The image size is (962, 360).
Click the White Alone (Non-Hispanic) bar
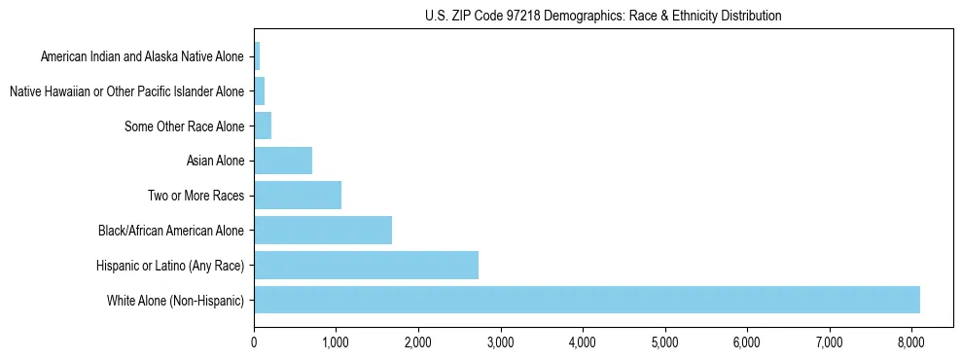pyautogui.click(x=587, y=300)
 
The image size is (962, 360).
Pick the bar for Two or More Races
pyautogui.click(x=298, y=196)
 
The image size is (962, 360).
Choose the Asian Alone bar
pyautogui.click(x=283, y=161)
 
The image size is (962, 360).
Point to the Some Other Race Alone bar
pyautogui.click(x=263, y=126)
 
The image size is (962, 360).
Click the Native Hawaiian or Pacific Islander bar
pyautogui.click(x=260, y=91)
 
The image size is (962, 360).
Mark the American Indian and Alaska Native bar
pyautogui.click(x=257, y=56)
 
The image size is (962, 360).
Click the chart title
pyautogui.click(x=603, y=16)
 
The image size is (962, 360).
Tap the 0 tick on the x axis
pyautogui.click(x=254, y=342)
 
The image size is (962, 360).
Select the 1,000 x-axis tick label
pyautogui.click(x=336, y=342)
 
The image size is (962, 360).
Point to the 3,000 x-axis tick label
pyautogui.click(x=500, y=342)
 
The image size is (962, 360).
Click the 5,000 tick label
pyautogui.click(x=664, y=342)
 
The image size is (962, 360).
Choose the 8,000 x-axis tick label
pyautogui.click(x=910, y=342)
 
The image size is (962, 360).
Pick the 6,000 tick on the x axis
pyautogui.click(x=746, y=342)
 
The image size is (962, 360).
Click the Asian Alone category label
pyautogui.click(x=215, y=161)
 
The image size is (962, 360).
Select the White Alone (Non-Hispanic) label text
pyautogui.click(x=176, y=300)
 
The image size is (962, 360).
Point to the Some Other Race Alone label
pyautogui.click(x=185, y=126)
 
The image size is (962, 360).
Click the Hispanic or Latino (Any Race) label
pyautogui.click(x=170, y=265)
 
